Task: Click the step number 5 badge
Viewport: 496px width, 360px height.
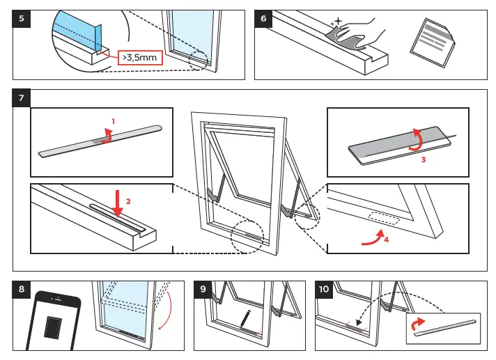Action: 22,19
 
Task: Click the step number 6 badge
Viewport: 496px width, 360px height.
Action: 264,19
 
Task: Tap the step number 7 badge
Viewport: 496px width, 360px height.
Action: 22,98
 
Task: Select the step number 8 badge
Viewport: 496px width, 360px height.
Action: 22,290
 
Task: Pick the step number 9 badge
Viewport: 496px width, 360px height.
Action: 203,290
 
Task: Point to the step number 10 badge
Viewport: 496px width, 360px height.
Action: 324,290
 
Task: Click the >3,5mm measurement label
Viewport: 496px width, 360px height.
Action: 139,58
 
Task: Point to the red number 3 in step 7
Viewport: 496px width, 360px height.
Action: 423,158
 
